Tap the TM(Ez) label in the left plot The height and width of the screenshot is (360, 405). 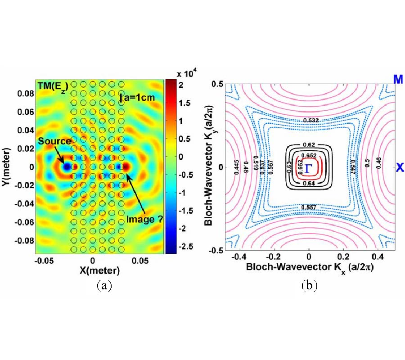point(50,85)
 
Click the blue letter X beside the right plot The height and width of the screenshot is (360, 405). point(399,168)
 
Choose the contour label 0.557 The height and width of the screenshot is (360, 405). point(309,207)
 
